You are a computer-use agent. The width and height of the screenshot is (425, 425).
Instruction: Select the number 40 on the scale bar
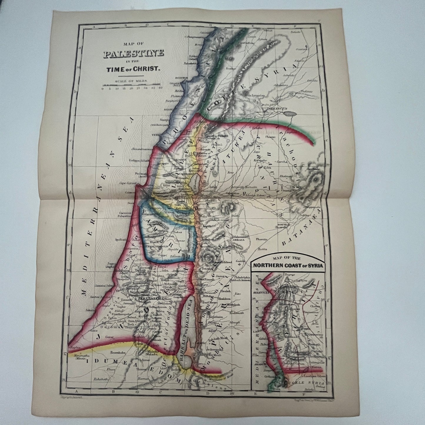point(160,88)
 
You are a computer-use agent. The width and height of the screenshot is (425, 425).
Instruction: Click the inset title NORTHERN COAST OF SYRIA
point(288,265)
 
